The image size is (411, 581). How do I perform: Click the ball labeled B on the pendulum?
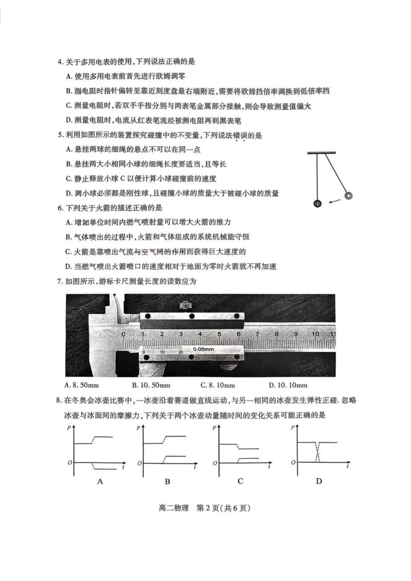point(317,204)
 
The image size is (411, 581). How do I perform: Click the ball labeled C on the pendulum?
point(348,196)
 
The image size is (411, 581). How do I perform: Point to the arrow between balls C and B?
point(334,200)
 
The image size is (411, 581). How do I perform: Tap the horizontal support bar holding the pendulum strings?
point(322,152)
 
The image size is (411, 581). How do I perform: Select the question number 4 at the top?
point(60,62)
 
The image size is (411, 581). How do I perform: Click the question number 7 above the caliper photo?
point(60,281)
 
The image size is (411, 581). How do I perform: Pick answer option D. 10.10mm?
point(288,385)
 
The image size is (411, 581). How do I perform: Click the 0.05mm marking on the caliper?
point(204,349)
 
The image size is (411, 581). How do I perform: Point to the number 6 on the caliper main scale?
point(238,334)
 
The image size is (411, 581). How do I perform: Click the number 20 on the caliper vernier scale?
point(180,352)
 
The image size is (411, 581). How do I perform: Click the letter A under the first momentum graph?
point(100,481)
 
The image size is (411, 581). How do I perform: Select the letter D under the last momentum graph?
point(319,481)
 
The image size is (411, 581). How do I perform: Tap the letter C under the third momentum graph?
point(240,481)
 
